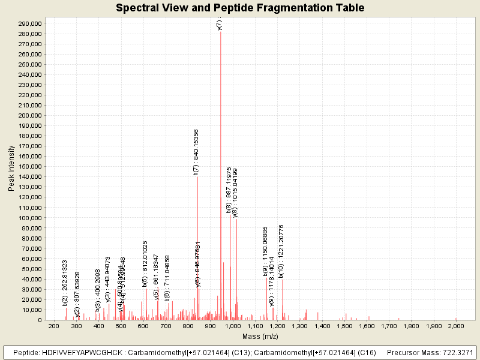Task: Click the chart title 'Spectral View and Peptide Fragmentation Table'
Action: pos(240,8)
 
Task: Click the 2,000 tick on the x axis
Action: pos(456,326)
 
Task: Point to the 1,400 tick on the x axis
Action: pos(322,326)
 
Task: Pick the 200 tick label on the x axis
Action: pos(53,326)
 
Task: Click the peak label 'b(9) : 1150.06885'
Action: pos(265,251)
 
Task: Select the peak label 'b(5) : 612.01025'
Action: pos(145,263)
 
